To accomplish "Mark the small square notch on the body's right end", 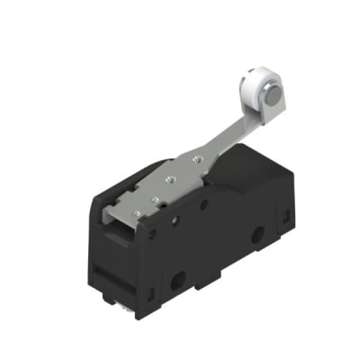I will click(x=287, y=217).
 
